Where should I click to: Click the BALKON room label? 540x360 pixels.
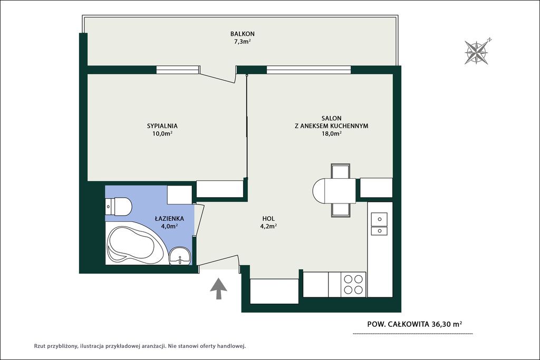243,34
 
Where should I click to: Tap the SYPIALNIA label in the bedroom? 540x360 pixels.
162,126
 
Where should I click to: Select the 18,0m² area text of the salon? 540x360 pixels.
331,134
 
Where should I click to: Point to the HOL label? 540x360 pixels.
268,218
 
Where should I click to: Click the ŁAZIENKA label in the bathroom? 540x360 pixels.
169,218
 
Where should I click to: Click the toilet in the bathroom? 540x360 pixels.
118,207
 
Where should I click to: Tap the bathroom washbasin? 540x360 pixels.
180,256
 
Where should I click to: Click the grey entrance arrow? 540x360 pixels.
218,289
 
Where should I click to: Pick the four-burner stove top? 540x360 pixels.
353,284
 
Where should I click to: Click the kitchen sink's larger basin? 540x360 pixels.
379,219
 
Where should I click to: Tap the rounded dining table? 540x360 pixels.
333,191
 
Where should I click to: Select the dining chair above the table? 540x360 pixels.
340,171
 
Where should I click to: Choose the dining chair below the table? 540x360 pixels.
340,210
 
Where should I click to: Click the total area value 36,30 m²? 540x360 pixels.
444,324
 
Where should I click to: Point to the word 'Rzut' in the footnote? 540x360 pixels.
39,346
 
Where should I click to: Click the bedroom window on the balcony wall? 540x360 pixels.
178,70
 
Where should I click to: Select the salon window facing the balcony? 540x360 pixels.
309,70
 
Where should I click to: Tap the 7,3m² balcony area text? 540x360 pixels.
243,42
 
